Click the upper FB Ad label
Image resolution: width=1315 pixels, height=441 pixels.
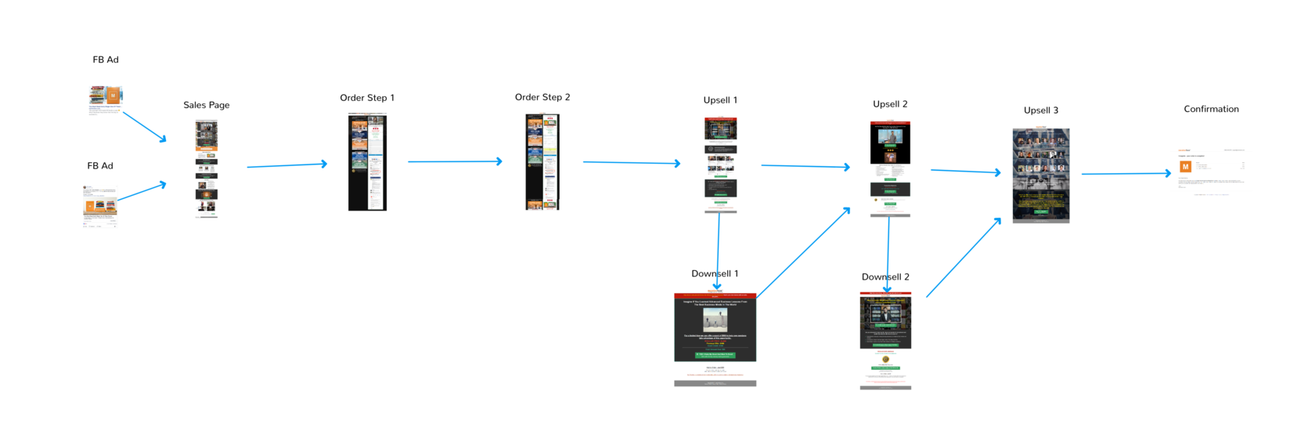point(106,60)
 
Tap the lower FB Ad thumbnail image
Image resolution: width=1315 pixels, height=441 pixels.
point(100,206)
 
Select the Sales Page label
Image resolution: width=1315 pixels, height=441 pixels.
point(207,105)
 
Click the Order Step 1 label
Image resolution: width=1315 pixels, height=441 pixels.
point(367,98)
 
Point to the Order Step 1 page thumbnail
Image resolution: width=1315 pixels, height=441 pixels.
point(367,162)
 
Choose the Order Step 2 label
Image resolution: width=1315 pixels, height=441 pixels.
point(542,97)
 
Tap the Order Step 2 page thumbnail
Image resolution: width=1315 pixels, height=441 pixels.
point(542,162)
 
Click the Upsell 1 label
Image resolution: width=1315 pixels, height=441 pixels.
point(720,100)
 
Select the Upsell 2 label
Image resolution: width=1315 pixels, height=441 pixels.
point(890,104)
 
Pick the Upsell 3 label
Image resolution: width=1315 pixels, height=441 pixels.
point(1041,110)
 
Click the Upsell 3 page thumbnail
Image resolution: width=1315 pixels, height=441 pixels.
point(1041,175)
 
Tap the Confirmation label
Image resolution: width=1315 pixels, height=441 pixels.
point(1211,109)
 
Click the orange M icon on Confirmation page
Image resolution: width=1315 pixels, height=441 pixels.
point(1185,167)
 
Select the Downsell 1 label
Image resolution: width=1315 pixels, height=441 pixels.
point(715,273)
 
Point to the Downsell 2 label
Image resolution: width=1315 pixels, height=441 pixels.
point(885,277)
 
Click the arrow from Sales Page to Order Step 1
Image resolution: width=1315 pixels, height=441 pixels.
point(286,165)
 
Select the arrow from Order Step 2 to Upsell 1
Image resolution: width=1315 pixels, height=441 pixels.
point(631,163)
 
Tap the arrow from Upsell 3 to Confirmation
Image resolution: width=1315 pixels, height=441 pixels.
point(1126,174)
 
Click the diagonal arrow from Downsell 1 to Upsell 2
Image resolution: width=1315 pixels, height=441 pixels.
point(803,253)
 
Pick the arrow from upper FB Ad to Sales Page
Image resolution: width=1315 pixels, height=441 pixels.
point(145,127)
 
